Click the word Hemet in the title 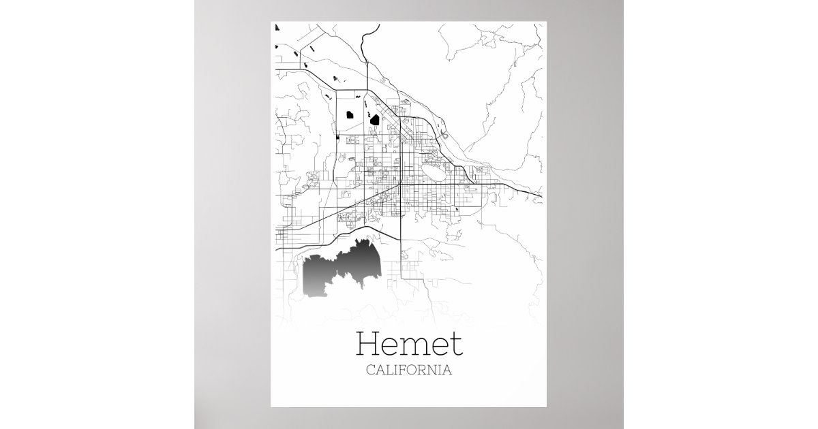pyautogui.click(x=409, y=345)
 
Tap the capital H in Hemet pyautogui.click(x=369, y=345)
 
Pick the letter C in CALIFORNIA pyautogui.click(x=370, y=371)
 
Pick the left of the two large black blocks pyautogui.click(x=350, y=115)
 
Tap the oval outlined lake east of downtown pyautogui.click(x=431, y=165)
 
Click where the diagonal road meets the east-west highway pyautogui.click(x=401, y=185)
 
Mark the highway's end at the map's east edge pyautogui.click(x=541, y=197)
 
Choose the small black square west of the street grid pyautogui.click(x=338, y=138)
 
